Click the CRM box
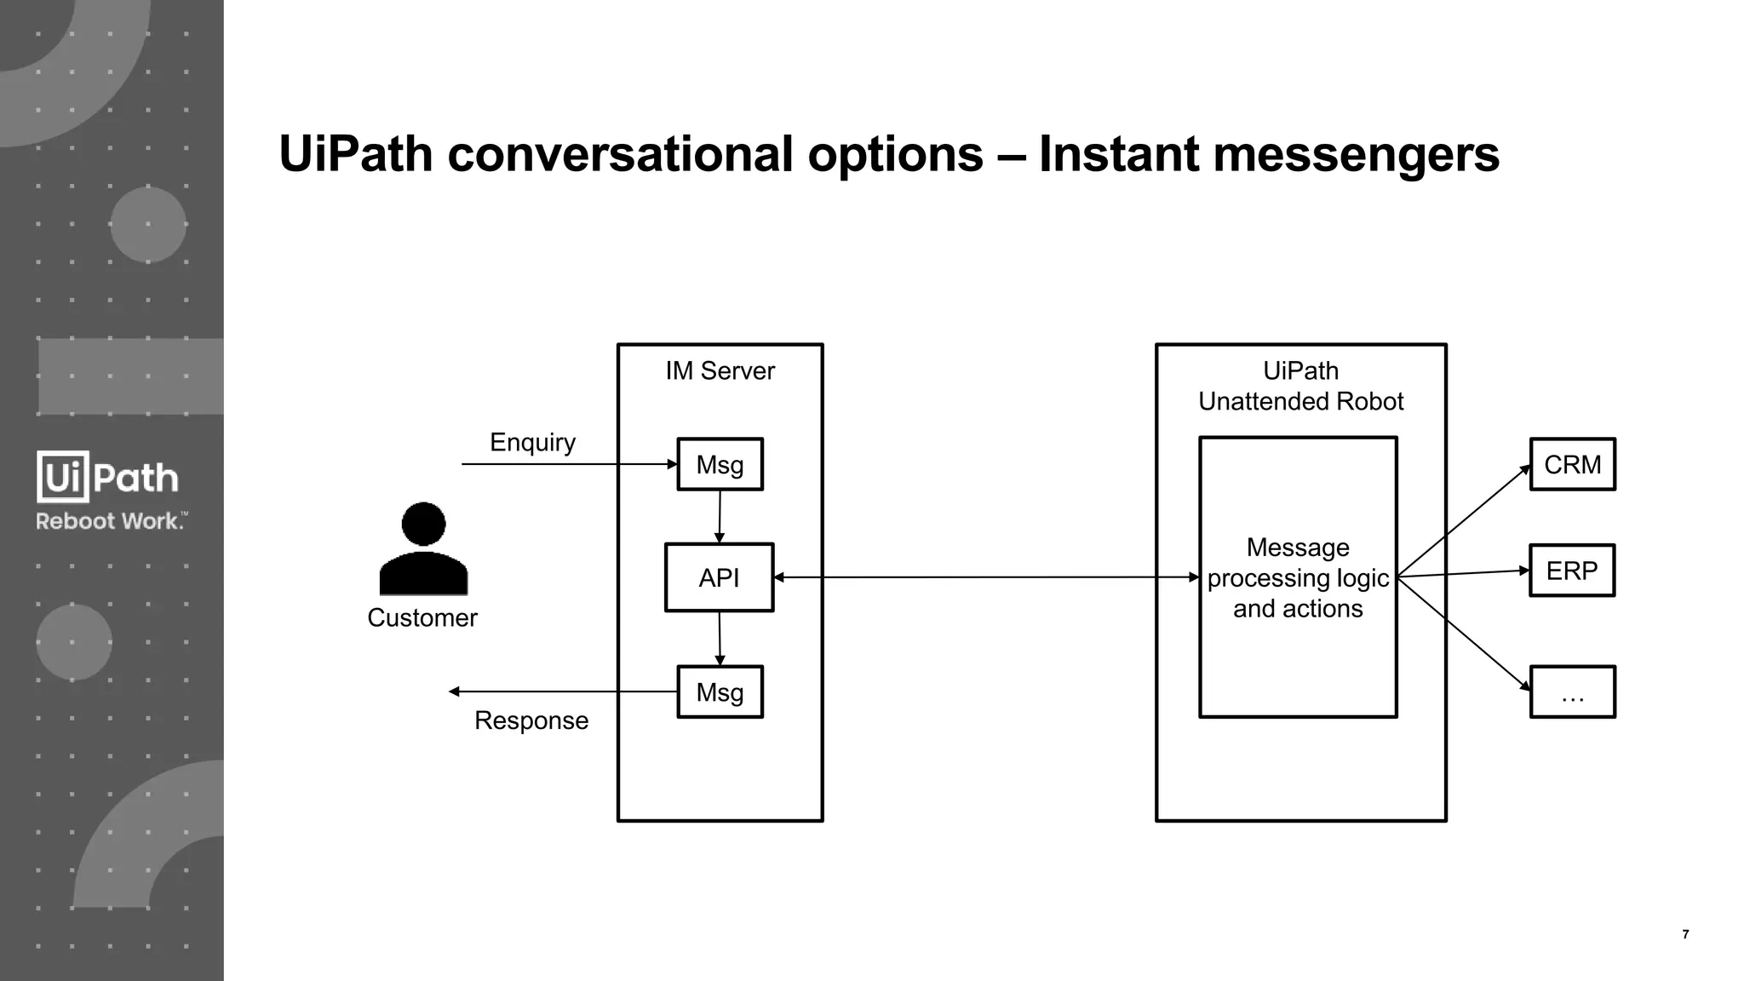1572,464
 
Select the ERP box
1571,571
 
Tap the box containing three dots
1572,691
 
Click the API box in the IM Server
719,577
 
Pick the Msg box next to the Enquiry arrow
720,464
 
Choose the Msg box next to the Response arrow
720,691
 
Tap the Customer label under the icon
422,617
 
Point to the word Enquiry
532,442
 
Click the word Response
531,720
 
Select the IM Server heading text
720,370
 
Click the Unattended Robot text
1300,401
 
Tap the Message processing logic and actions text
1298,577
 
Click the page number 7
1685,934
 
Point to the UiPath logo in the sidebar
108,477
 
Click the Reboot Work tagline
111,521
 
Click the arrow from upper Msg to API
720,516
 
